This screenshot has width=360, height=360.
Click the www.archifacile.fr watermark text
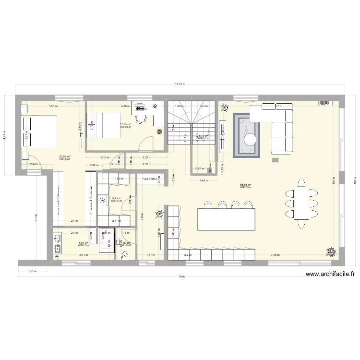coord(330,274)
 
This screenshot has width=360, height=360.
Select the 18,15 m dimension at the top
coord(180,84)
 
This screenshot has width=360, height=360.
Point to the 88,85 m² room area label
coord(245,185)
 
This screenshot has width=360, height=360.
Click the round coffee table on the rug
coord(250,139)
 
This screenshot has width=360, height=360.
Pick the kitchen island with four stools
coord(226,219)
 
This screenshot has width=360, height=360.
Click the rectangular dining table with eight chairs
coord(301,203)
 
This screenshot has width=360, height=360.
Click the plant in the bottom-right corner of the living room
coord(331,251)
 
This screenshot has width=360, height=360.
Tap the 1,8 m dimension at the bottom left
coord(32,272)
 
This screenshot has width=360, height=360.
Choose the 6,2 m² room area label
coord(116,198)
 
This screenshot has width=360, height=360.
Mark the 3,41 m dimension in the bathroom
coord(84,255)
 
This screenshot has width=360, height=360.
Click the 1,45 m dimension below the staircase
coord(203,180)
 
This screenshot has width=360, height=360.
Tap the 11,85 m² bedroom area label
coord(125,124)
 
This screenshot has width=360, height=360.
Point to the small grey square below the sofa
coord(275,159)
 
